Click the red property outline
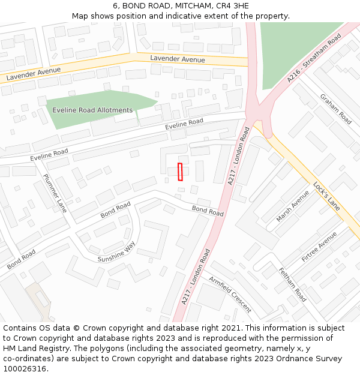[180, 172]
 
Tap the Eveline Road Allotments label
[92, 110]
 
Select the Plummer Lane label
[55, 193]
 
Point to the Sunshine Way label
[117, 254]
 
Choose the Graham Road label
[335, 109]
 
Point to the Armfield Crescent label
[230, 294]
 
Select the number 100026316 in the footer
[25, 369]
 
